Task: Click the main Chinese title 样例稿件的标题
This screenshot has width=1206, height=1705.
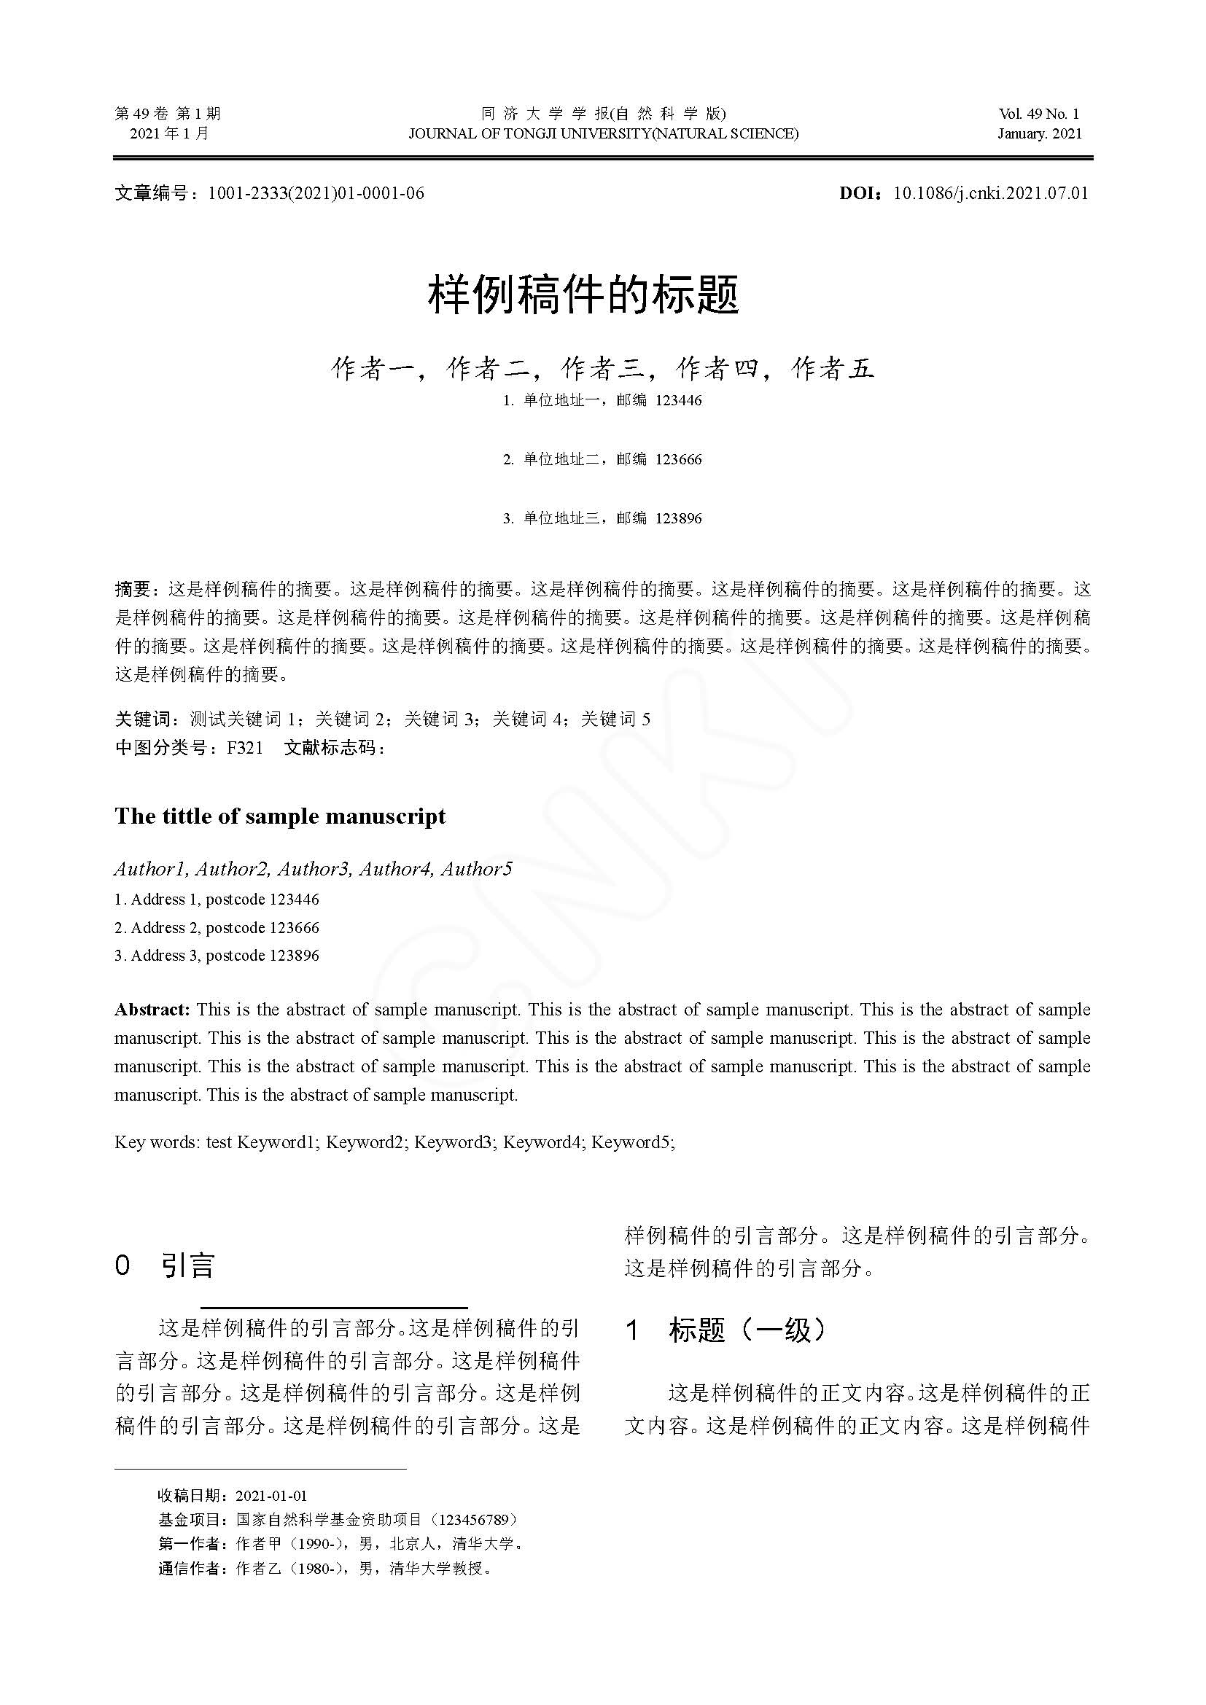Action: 584,294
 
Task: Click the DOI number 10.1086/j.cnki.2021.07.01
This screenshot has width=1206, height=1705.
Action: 991,194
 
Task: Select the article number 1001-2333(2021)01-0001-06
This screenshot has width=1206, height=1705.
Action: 316,194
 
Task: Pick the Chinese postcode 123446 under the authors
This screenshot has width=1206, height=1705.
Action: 679,400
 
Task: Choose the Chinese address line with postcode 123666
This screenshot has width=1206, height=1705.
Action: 602,459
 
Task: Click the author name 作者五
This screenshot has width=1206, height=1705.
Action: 833,368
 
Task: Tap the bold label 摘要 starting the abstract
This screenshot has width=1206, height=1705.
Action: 133,590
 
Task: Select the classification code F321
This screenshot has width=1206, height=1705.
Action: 245,748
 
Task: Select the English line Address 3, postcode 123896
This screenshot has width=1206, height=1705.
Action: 217,956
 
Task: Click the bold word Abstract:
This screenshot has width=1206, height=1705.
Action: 152,1010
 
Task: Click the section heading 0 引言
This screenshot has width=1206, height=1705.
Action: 165,1265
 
